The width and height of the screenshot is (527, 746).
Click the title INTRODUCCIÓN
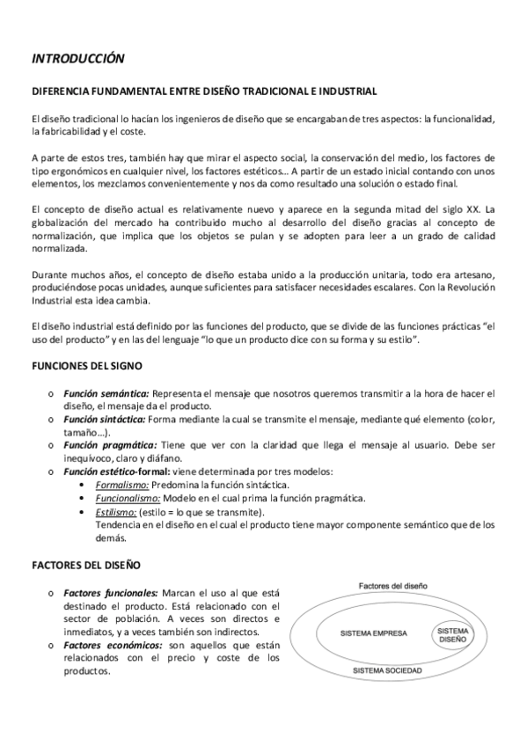(x=78, y=59)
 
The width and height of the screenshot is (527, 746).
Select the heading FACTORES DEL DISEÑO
(x=84, y=565)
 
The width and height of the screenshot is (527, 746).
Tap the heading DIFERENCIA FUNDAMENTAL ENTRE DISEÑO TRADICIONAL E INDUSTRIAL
(x=204, y=91)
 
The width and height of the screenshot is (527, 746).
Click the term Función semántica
(x=110, y=392)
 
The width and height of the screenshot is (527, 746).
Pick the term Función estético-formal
(x=121, y=472)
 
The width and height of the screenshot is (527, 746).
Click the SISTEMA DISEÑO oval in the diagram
(x=454, y=635)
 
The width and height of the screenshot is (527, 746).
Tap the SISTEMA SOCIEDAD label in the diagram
(x=386, y=671)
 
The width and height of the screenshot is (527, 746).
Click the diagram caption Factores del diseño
(x=392, y=585)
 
